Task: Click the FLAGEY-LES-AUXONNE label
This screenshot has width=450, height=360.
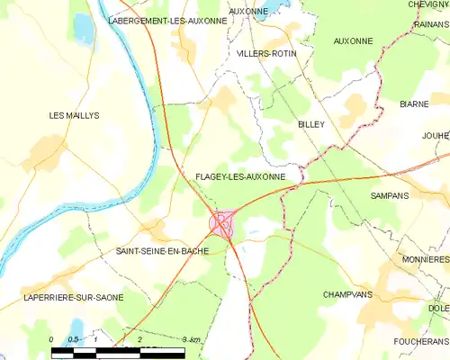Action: [x=239, y=176]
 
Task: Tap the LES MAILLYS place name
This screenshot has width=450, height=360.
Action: [x=74, y=115]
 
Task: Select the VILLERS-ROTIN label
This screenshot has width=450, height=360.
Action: [x=265, y=54]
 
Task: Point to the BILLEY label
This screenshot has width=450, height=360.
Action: [x=310, y=124]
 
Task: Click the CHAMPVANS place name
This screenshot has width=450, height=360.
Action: [x=347, y=294]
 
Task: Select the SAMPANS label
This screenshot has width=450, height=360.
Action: [x=389, y=194]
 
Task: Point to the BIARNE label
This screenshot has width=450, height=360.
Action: [x=414, y=104]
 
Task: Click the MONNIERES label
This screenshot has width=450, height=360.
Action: [x=426, y=258]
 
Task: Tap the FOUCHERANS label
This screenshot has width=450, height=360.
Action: [x=420, y=342]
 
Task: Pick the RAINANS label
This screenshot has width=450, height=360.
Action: [x=433, y=25]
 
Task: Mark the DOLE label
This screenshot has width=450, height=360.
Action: [x=438, y=309]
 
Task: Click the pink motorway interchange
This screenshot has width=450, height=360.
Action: [x=221, y=223]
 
